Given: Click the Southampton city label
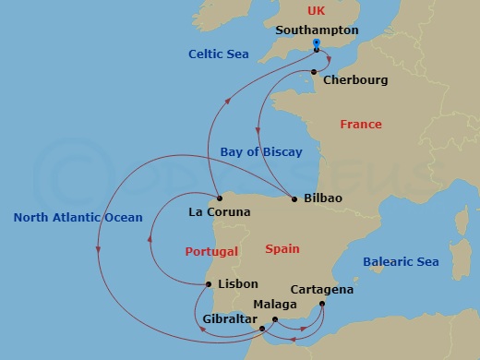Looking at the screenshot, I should (x=317, y=30).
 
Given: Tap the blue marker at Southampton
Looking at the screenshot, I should (x=316, y=42).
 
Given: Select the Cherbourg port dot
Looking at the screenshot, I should (x=314, y=72).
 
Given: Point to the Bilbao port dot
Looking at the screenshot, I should (x=294, y=198).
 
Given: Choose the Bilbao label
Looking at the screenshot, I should (x=322, y=198).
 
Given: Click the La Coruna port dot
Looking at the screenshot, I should (x=219, y=198).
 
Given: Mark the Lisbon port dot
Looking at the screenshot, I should (x=209, y=284).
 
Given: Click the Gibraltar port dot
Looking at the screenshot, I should (x=262, y=328).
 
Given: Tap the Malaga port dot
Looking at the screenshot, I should (x=274, y=319).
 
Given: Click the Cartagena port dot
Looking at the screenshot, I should (x=321, y=304).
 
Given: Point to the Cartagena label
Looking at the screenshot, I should (x=321, y=289).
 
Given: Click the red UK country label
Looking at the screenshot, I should (x=317, y=10).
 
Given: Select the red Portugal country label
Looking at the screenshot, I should (x=211, y=251).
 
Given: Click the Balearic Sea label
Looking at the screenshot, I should (x=401, y=261).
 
